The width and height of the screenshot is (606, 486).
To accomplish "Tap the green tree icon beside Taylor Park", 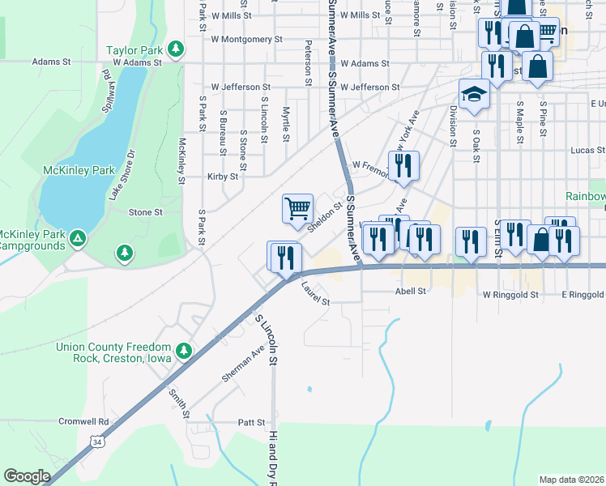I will [176, 49].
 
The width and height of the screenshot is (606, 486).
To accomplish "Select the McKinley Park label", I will [79, 171].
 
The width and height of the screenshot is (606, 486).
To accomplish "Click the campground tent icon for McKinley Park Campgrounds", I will [77, 238].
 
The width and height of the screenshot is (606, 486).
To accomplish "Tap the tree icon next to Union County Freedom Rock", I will [184, 350].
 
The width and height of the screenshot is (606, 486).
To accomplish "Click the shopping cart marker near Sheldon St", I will [298, 208].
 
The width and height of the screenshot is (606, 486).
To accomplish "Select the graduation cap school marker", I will [474, 95].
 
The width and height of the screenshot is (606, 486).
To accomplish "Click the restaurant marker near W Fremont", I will [403, 166].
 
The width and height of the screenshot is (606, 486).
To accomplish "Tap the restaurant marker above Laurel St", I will [284, 257].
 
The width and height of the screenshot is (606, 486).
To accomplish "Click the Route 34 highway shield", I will [96, 442].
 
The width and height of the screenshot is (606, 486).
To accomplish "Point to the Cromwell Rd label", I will [83, 422].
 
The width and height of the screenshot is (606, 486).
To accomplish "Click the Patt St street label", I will [251, 423].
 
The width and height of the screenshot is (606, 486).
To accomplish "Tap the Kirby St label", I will [223, 176].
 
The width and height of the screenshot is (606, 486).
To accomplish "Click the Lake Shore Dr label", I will [122, 175].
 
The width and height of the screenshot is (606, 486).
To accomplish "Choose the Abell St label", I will [410, 292].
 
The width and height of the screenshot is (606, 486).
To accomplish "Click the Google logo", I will [27, 476].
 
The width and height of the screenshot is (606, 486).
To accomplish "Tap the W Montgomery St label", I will [246, 39].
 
